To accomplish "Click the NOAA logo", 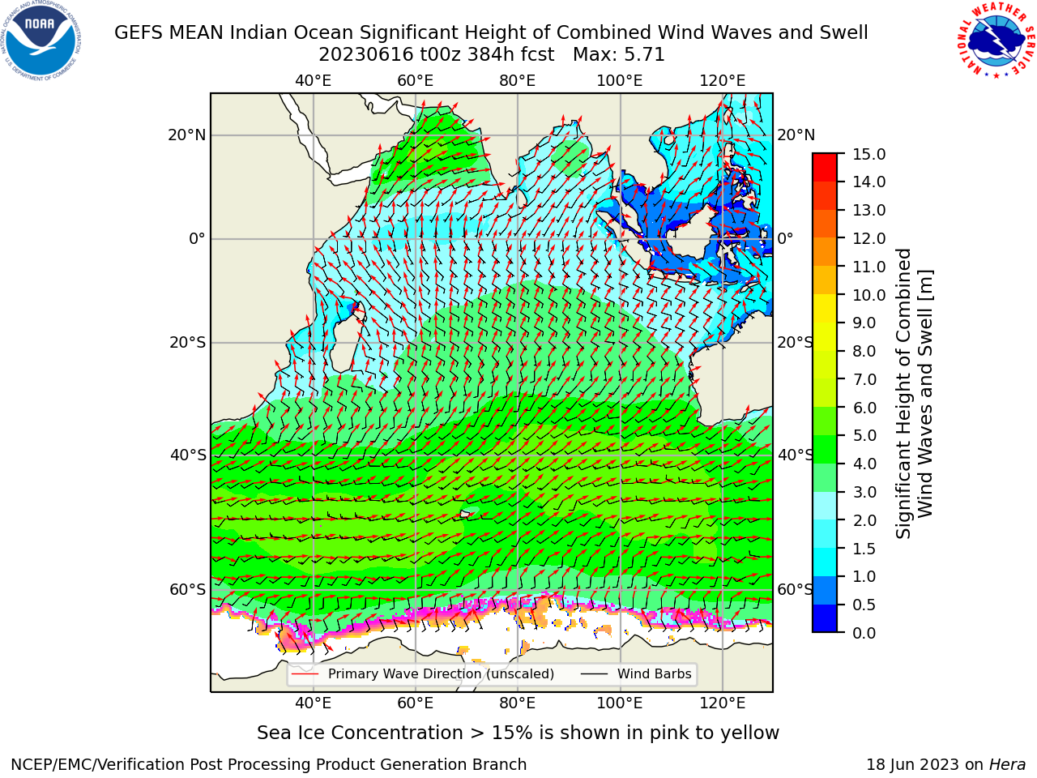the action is click(x=41, y=41).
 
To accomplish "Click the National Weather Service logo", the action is click(x=996, y=41).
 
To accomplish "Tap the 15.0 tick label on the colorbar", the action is click(x=868, y=154).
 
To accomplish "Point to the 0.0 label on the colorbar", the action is click(x=864, y=633).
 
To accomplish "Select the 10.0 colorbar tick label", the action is click(x=868, y=295).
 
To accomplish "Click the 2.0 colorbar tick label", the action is click(x=864, y=520).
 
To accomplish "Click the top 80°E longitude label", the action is click(x=518, y=81).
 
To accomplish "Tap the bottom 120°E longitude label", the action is click(x=723, y=703).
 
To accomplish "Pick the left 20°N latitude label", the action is click(x=187, y=135).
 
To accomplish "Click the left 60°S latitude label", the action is click(x=188, y=589).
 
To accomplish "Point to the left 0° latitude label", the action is click(x=198, y=238).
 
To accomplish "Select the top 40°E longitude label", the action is click(x=314, y=81).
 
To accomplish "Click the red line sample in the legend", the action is click(x=305, y=673).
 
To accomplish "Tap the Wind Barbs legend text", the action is click(x=655, y=673).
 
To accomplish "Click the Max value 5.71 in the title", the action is click(x=645, y=55).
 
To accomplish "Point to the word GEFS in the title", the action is click(x=140, y=33).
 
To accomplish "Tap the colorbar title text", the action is click(x=914, y=393).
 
